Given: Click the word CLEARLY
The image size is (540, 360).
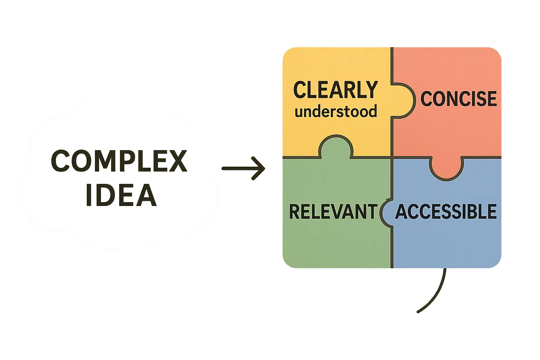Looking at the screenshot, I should coord(335,90).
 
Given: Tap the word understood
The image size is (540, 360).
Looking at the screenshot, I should coord(336,111).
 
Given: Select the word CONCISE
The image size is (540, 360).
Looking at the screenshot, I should coord(458,99).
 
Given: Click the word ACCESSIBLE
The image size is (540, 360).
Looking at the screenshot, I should coord(446,212).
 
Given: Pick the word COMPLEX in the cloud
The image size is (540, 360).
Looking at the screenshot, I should coord(119,161).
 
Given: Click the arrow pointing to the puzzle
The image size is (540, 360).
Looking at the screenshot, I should coord(243,168).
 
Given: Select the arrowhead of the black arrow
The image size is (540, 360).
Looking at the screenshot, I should coord(259,168).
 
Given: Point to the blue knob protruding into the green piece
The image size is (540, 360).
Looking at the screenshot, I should coord(386,212).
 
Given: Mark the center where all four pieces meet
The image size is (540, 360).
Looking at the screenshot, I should coord(392,157).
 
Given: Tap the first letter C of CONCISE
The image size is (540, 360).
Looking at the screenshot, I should coord(427,99).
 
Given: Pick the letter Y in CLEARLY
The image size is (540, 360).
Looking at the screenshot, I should coord(371,90).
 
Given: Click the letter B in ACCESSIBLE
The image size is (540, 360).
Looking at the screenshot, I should coord(473,212).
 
